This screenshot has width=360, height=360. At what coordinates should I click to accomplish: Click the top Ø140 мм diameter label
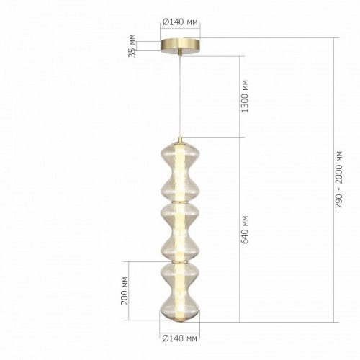tap(181, 22)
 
